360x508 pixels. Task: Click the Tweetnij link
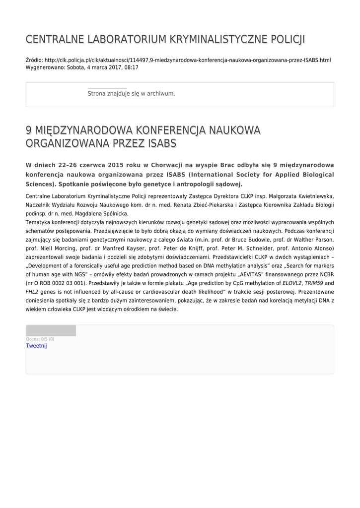(36, 346)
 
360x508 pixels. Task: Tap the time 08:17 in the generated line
(131, 67)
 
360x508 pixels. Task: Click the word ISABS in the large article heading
(159, 144)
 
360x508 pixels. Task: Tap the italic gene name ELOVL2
(292, 283)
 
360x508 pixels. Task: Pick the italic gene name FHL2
(32, 292)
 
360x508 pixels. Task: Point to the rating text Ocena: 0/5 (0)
(40, 339)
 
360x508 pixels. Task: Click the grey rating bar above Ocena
(51, 331)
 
